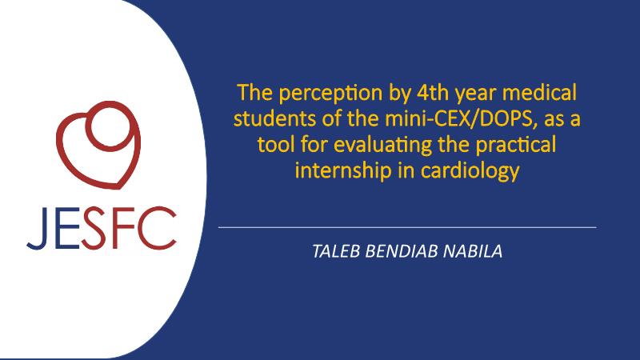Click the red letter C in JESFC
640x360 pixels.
159,228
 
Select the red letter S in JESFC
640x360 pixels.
94,228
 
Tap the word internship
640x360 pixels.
343,171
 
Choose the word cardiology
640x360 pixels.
470,171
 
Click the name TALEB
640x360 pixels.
336,251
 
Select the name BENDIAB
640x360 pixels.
402,251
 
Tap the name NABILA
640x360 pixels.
473,251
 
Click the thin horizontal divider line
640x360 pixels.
407,227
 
